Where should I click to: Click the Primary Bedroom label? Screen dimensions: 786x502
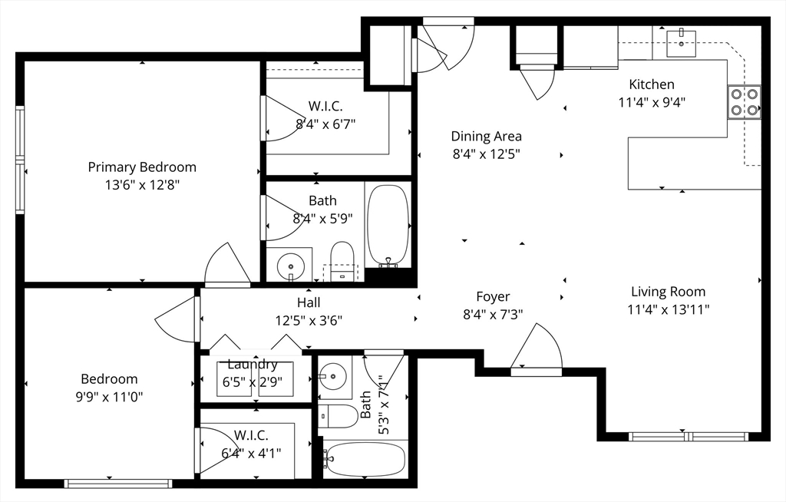[x=142, y=167]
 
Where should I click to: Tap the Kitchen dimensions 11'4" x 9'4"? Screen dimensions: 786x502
[x=652, y=102]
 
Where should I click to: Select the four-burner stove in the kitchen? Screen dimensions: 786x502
[x=745, y=102]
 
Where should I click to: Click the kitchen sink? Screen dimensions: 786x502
[x=682, y=43]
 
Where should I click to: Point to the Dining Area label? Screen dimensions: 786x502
[x=486, y=137]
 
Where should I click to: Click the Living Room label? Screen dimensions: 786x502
[x=669, y=292]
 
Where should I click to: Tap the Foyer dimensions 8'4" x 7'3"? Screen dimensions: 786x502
[x=493, y=315]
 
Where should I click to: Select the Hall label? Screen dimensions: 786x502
[x=309, y=302]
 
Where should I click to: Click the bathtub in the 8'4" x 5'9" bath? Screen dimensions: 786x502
[x=388, y=225]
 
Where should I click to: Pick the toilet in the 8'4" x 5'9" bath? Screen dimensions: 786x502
[x=342, y=260]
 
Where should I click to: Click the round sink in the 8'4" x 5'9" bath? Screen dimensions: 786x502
[x=290, y=264]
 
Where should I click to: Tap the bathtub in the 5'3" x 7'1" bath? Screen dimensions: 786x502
[x=365, y=459]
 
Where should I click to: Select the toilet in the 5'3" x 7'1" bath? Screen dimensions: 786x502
[x=338, y=417]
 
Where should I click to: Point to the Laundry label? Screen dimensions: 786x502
[x=252, y=364]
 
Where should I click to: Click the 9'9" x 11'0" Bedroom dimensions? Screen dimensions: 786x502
[x=109, y=397]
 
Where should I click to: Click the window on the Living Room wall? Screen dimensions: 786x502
[x=689, y=436]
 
